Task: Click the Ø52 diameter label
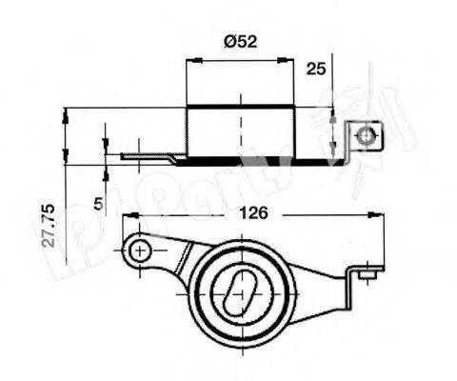[241, 41]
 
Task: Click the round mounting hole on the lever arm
[140, 251]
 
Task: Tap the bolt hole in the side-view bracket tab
[365, 139]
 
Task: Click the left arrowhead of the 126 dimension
[128, 217]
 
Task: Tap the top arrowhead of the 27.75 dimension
[66, 113]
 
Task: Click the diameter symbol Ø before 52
[228, 41]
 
